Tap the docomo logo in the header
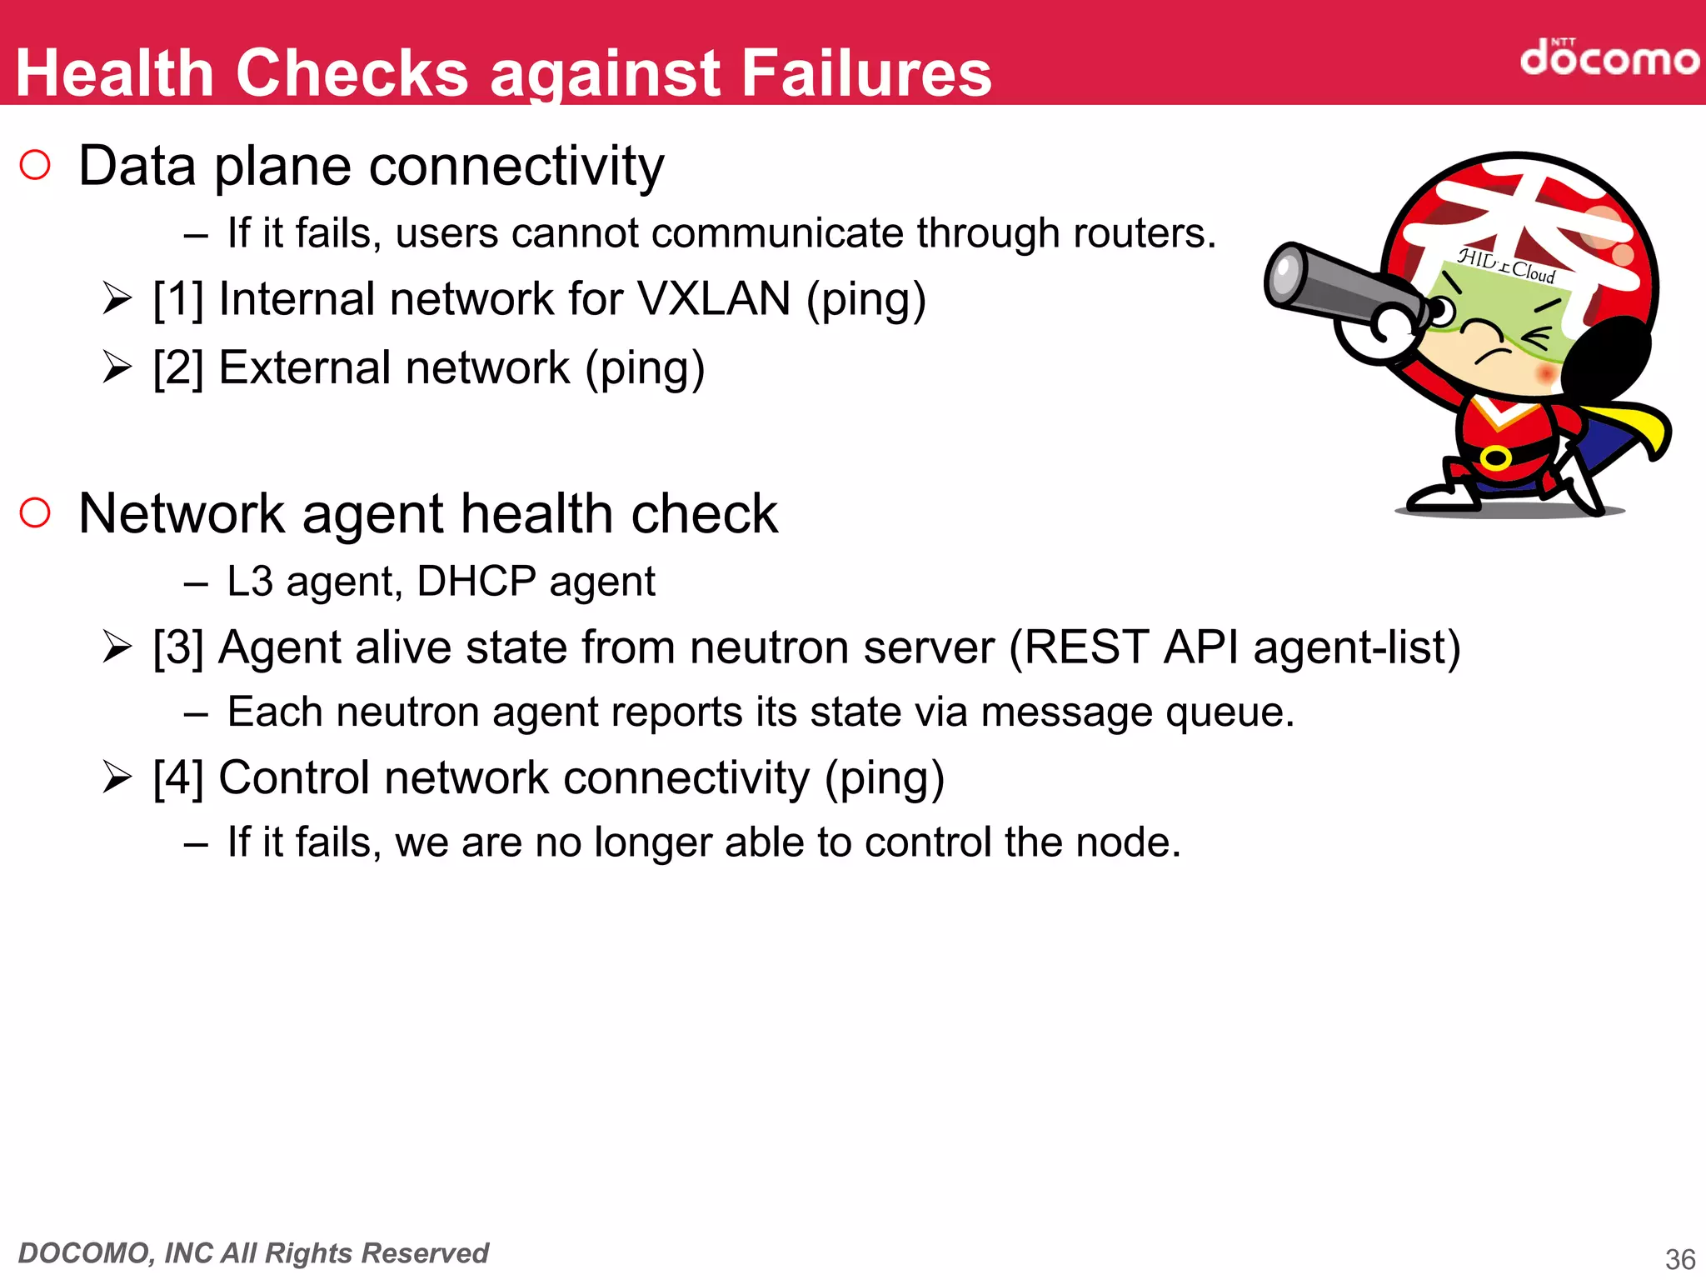[1609, 58]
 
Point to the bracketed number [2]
[178, 367]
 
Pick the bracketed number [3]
[178, 647]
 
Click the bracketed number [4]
[178, 778]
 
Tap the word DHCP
[476, 581]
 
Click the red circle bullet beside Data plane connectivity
[35, 165]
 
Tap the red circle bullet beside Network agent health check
[35, 512]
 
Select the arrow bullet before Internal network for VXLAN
[117, 299]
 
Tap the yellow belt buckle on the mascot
[1495, 457]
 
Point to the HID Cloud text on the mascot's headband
[1506, 266]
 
